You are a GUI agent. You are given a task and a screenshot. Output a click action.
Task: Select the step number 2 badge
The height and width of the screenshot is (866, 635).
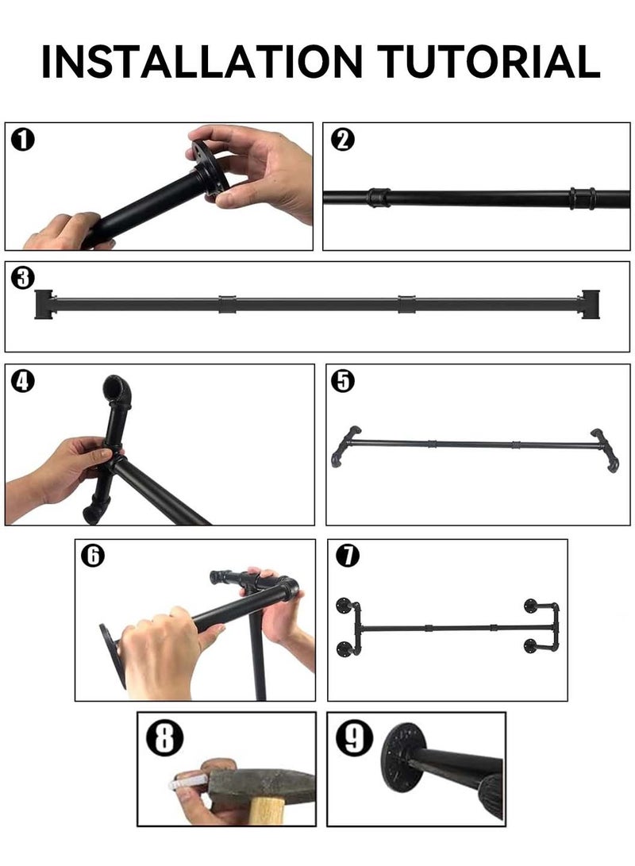tap(342, 140)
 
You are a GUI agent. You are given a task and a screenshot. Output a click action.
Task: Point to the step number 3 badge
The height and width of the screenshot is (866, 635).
tap(25, 278)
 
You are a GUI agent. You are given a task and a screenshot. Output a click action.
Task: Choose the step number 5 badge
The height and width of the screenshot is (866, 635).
tap(344, 381)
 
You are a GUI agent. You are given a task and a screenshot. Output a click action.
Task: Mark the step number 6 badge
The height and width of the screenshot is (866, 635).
tap(93, 556)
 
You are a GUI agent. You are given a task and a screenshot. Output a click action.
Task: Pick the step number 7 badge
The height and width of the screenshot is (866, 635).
tap(347, 556)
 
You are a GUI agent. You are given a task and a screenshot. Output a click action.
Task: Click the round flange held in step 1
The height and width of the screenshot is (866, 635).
tap(209, 168)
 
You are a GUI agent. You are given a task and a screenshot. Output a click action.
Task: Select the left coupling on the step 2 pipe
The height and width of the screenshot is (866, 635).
tap(379, 197)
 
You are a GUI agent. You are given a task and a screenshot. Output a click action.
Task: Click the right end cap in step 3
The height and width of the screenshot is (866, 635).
tap(591, 304)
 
